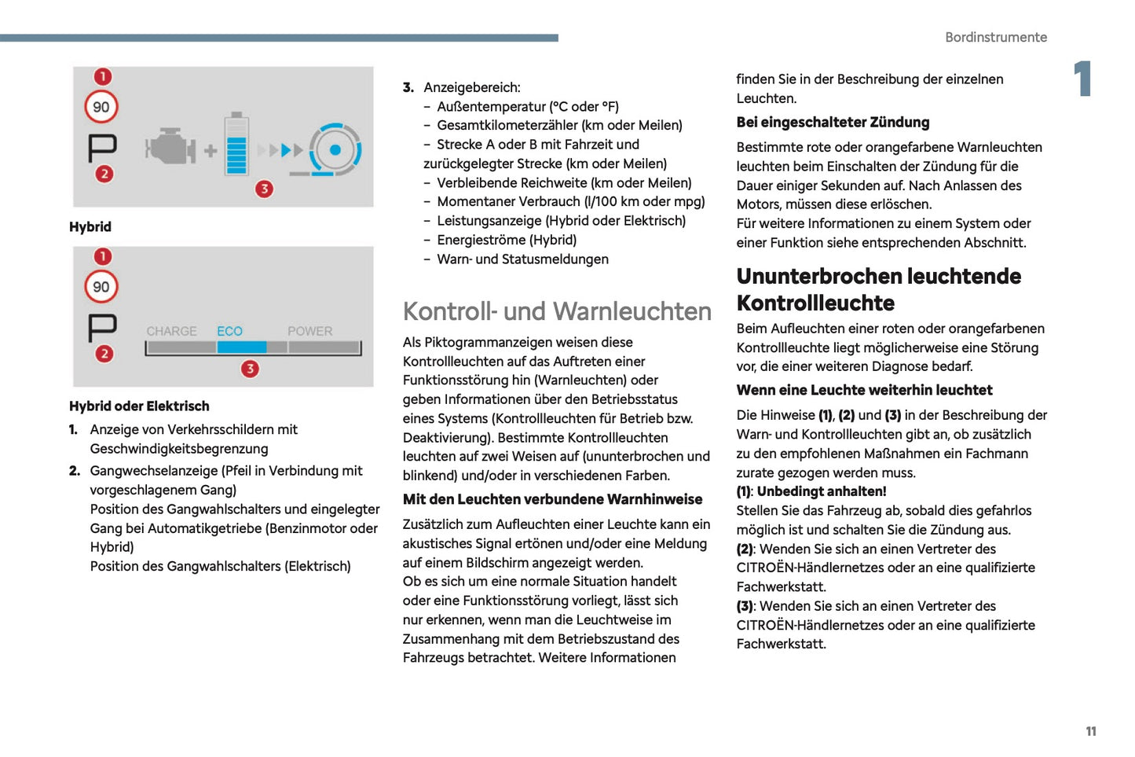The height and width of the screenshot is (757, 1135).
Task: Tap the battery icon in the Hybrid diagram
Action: point(236,145)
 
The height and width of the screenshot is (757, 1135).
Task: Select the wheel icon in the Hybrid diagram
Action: point(335,149)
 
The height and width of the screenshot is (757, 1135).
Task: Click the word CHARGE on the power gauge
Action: point(171,331)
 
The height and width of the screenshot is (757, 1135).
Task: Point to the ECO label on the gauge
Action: point(229,331)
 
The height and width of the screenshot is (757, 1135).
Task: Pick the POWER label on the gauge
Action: point(309,331)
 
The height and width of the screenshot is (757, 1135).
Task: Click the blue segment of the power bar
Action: point(242,347)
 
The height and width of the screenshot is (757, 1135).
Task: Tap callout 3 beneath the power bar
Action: point(250,369)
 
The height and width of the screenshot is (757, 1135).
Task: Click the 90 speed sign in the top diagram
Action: point(101,107)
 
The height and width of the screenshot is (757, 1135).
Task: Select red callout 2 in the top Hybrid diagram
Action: point(104,174)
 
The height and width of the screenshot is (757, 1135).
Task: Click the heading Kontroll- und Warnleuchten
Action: point(557,311)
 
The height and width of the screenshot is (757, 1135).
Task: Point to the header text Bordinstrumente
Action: point(995,37)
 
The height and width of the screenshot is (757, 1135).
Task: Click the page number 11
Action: point(1090,731)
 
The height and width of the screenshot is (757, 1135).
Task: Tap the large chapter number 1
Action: point(1083,79)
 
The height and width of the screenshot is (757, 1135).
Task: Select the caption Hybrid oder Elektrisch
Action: point(139,406)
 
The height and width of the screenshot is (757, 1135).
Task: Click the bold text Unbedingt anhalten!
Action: point(821,491)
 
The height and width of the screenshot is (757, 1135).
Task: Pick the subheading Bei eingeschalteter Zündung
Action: point(833,122)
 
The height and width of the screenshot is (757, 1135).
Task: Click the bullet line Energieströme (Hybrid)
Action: point(507,240)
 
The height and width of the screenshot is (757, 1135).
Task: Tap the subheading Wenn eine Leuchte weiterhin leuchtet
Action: point(864,390)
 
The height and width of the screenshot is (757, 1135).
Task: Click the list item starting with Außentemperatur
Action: point(527,106)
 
